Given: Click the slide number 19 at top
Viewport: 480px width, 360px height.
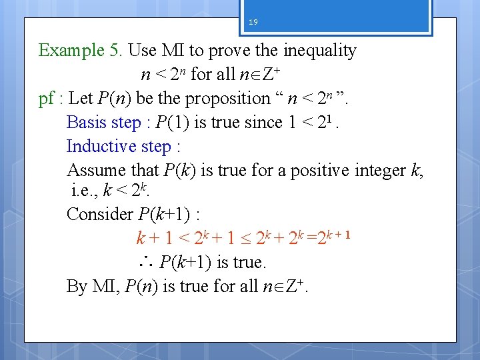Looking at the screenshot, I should pyautogui.click(x=253, y=22).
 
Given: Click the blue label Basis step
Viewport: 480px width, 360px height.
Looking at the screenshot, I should pyautogui.click(x=104, y=123).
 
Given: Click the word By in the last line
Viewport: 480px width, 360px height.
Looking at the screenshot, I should pyautogui.click(x=77, y=286).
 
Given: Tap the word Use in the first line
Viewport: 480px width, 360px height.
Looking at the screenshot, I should pyautogui.click(x=141, y=51).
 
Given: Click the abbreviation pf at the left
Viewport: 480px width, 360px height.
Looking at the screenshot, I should pyautogui.click(x=46, y=99).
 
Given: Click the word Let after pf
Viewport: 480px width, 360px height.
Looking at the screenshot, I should pyautogui.click(x=81, y=99).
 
